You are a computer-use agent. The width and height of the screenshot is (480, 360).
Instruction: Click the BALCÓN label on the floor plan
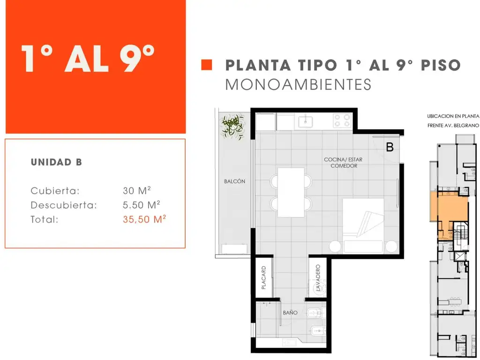coord(234,181)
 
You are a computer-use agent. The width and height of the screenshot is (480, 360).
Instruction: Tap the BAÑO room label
coord(290,313)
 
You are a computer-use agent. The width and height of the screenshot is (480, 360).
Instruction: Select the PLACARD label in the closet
coord(263,277)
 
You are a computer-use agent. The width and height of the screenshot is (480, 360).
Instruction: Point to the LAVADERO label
coord(318,278)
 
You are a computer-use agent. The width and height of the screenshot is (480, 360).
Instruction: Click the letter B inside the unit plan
coord(390,147)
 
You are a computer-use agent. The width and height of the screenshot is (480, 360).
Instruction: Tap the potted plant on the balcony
coord(233,127)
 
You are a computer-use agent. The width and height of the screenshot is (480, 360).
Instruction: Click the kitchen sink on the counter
coord(306,122)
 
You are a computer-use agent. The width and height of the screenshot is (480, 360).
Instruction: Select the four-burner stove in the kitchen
coord(342,120)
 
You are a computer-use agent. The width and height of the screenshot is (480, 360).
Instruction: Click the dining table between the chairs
coord(291,192)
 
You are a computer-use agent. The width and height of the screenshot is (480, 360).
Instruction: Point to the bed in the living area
coord(363,225)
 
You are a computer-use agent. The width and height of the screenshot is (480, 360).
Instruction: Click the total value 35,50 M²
coord(144,219)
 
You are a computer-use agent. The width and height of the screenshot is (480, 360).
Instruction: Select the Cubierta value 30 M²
coord(136,190)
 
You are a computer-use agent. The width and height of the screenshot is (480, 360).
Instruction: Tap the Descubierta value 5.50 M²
coord(142,205)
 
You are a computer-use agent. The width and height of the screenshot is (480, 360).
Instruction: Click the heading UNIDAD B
coord(56,162)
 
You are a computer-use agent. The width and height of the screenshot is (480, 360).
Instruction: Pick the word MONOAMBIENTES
coord(298,85)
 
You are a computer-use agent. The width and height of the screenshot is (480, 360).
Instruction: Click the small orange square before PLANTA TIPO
coord(207,65)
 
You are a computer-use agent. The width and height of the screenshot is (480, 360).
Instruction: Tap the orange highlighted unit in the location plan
coord(449,210)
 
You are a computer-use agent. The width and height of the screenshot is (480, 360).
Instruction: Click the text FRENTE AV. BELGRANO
coord(453,126)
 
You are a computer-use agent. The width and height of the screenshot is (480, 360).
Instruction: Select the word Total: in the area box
coord(45,219)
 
